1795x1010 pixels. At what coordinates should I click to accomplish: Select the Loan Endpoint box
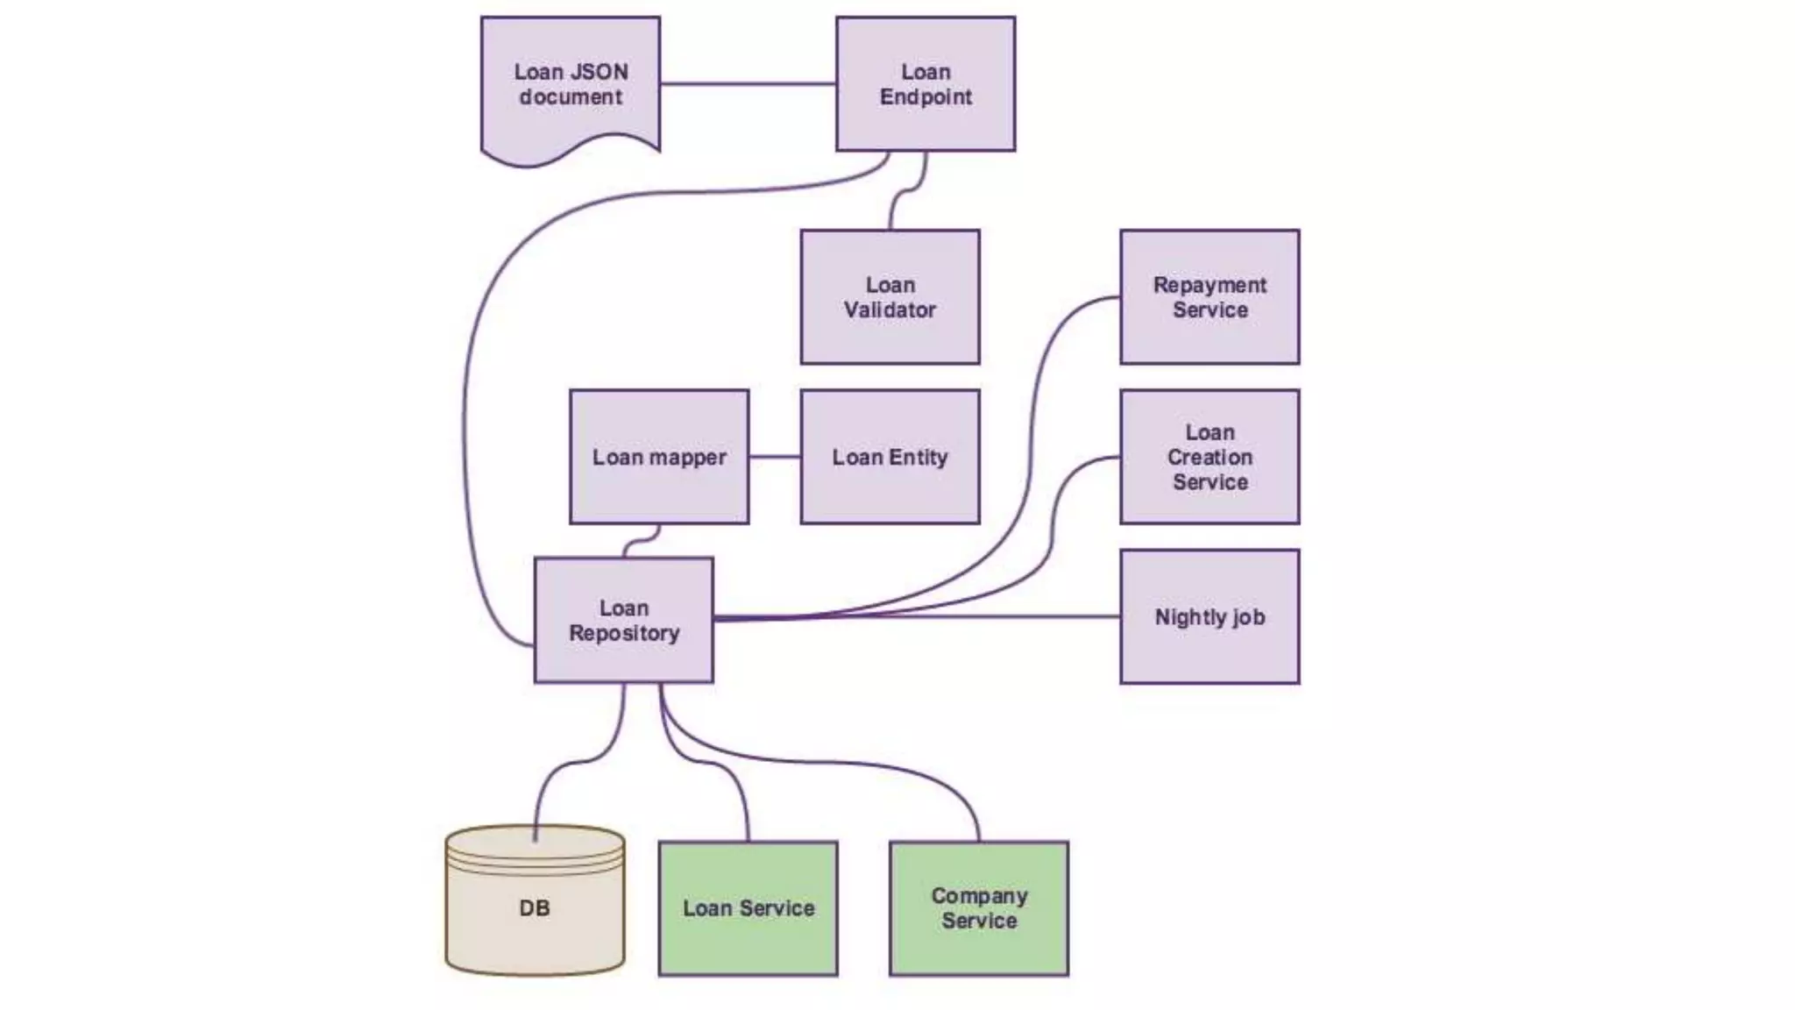(x=926, y=84)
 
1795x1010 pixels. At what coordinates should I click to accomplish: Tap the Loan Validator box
(x=890, y=297)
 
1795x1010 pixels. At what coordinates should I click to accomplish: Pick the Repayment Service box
(x=1210, y=297)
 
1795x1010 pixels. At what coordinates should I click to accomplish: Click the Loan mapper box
(x=659, y=457)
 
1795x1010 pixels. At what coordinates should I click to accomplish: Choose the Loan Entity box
(x=890, y=457)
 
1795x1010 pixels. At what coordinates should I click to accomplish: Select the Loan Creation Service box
(x=1210, y=457)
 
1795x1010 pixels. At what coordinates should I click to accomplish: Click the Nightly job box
(x=1210, y=616)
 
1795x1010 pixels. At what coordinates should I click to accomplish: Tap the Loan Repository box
(x=623, y=620)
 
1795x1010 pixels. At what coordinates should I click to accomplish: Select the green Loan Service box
(x=748, y=908)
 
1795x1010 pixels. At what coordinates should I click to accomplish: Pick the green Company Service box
(x=979, y=908)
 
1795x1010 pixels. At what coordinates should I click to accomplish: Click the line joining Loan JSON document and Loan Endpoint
(x=748, y=84)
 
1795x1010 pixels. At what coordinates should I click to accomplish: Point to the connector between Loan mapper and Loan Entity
(x=775, y=457)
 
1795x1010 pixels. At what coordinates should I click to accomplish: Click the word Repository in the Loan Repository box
(x=624, y=633)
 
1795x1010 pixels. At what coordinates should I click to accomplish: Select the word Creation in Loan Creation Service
(x=1210, y=457)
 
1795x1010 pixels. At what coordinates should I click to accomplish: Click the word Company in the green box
(x=979, y=896)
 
